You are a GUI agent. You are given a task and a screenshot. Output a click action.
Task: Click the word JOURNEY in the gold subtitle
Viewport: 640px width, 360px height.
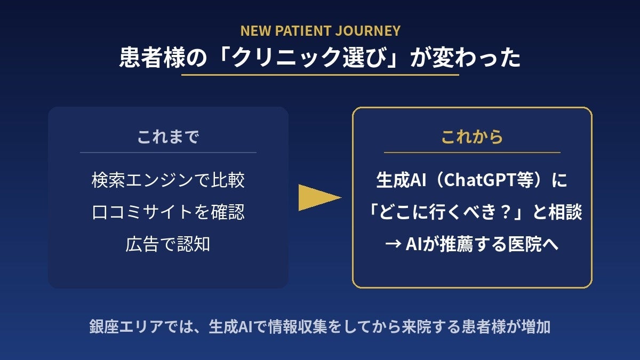[x=367, y=31]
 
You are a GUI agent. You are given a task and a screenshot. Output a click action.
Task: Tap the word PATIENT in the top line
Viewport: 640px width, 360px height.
[x=302, y=31]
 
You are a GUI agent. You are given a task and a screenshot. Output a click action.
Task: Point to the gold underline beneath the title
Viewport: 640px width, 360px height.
[x=320, y=75]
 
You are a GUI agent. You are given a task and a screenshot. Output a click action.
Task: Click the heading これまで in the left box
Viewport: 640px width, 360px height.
[x=168, y=137]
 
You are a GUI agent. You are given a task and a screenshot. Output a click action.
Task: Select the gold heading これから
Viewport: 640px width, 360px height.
[x=472, y=137]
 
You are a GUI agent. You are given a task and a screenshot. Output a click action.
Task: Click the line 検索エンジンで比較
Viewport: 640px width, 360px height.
[x=168, y=180]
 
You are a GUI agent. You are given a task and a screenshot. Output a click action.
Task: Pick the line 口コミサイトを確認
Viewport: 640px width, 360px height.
[x=168, y=212]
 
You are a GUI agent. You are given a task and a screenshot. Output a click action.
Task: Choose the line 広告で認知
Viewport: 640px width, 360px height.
[x=168, y=244]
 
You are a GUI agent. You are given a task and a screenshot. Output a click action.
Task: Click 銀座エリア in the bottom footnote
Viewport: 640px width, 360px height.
[x=126, y=326]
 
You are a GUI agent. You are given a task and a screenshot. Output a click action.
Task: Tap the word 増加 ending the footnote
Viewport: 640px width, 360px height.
[x=536, y=326]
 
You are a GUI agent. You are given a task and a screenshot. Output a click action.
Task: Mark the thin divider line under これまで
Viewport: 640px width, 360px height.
[x=168, y=153]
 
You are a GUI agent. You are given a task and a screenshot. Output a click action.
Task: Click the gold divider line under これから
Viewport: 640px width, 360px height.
[x=472, y=153]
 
